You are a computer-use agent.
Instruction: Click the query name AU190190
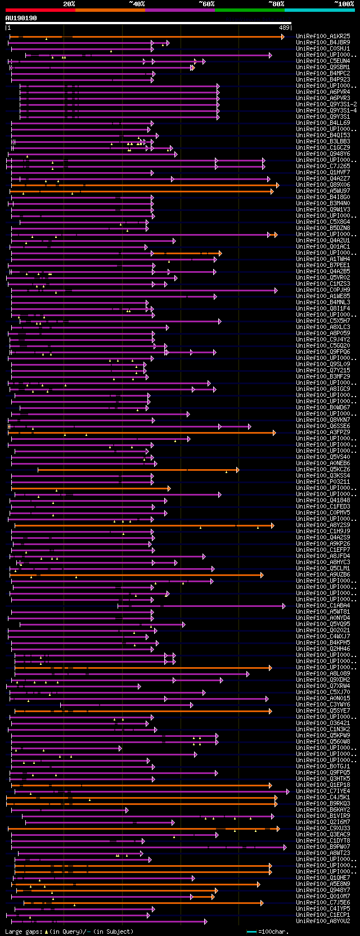click(x=21, y=18)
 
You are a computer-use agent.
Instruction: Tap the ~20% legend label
click(x=69, y=4)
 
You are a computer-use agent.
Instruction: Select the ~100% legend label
click(x=344, y=4)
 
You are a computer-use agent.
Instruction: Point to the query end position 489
click(x=284, y=28)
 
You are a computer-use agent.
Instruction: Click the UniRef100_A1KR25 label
click(x=323, y=36)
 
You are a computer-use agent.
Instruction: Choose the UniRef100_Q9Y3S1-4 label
click(x=326, y=110)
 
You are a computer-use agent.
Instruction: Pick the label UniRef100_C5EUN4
click(x=323, y=61)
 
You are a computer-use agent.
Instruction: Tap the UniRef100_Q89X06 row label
click(x=323, y=184)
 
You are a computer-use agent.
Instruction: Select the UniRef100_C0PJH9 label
click(x=323, y=290)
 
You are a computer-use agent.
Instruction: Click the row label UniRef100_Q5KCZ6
click(x=323, y=469)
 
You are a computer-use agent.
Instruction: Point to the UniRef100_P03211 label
click(x=323, y=481)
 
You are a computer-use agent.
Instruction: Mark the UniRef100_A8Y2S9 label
click(x=323, y=525)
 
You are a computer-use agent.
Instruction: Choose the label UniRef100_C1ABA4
click(x=323, y=605)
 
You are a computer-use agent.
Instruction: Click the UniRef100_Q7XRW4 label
click(x=323, y=686)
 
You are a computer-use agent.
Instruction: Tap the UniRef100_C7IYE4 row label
click(x=323, y=791)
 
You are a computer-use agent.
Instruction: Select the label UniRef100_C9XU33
click(x=323, y=828)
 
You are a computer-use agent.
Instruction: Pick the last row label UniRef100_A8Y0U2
click(x=323, y=921)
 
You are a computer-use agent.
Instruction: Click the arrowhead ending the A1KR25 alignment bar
click(x=283, y=37)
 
